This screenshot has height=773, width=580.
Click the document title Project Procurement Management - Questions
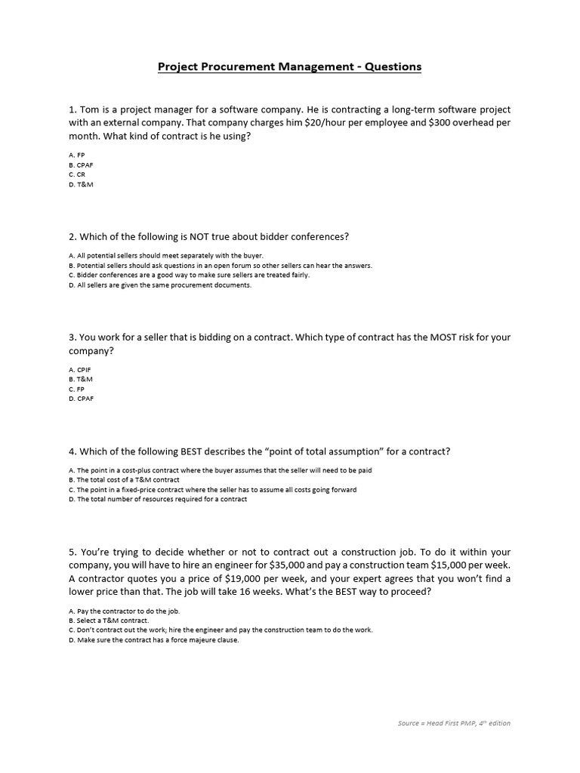coord(289,66)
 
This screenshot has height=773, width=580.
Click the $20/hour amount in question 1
coord(336,122)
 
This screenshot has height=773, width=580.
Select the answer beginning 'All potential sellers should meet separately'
coord(165,256)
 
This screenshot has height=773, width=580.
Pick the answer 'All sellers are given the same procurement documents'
coord(159,285)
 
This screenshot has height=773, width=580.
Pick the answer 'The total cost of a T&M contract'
coord(124,480)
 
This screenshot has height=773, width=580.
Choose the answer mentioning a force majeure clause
coord(153,640)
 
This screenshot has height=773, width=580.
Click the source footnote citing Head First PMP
coord(454,723)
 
